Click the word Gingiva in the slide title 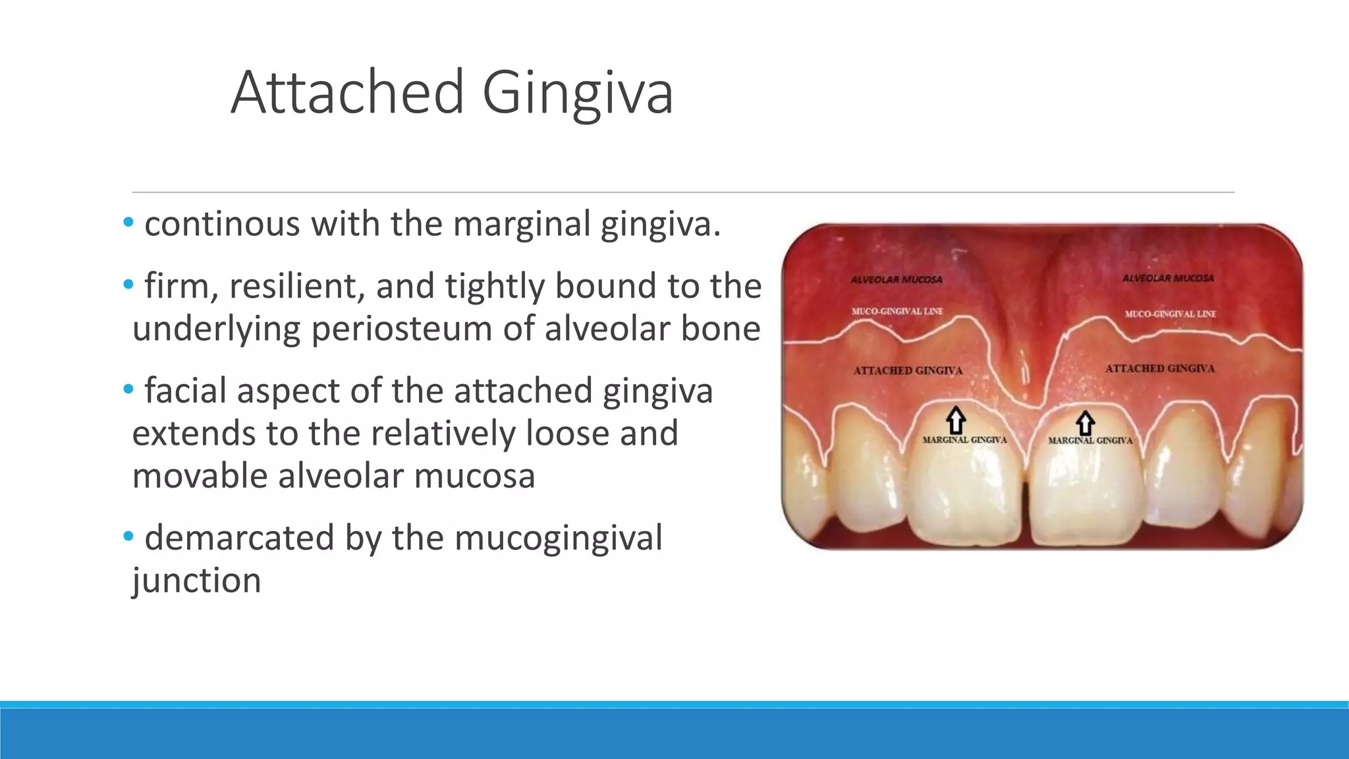coord(578,93)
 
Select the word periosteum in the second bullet coord(401,329)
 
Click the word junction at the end coord(196,581)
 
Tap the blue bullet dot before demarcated coord(128,536)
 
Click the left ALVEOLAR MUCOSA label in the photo coord(896,280)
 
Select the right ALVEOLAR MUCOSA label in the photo coord(1168,279)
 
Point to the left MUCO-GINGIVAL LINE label coord(896,311)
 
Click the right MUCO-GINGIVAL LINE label coord(1170,314)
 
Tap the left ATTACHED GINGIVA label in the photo coord(907,371)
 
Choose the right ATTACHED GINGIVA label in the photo coord(1159,369)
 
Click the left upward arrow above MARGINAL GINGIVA coord(956,420)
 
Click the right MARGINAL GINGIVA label coord(1090,440)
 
